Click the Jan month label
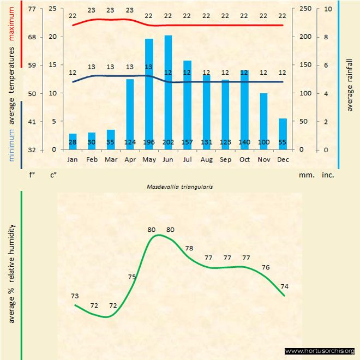point(73,160)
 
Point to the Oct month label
point(244,160)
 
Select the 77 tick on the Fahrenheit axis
point(32,9)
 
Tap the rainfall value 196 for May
point(149,142)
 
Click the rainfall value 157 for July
point(187,142)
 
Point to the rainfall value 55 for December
point(283,142)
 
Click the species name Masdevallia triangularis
point(179,186)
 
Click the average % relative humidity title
point(12,273)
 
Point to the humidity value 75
point(132,277)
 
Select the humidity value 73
point(75,296)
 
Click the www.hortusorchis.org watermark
point(320,351)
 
